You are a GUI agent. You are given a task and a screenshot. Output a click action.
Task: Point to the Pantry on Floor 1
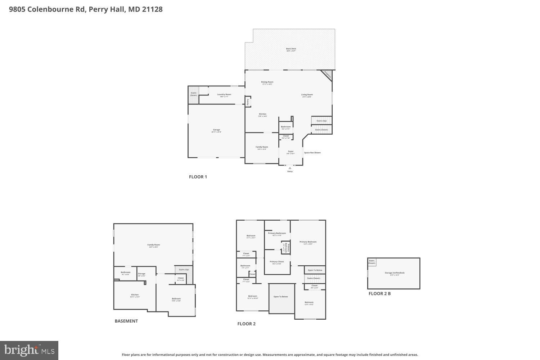[248, 102]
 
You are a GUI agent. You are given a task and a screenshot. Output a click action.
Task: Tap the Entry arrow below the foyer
[290, 168]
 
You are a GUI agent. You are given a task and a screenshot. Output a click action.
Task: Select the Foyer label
[291, 152]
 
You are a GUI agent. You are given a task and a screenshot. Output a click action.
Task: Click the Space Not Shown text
[312, 153]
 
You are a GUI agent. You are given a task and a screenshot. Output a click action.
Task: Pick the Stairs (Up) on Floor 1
[321, 121]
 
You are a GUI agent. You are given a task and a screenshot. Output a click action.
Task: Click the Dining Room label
[267, 82]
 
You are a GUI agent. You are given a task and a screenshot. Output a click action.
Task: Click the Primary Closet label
[277, 262]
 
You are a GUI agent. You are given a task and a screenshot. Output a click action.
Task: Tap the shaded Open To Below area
[281, 297]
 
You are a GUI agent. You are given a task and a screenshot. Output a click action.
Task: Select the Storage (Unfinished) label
[395, 273]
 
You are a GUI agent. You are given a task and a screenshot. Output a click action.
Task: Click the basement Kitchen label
[135, 295]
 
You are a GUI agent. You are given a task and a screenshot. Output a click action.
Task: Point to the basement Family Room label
[153, 245]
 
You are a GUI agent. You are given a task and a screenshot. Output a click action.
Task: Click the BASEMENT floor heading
[126, 321]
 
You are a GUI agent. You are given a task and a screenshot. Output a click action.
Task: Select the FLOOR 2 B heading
[379, 294]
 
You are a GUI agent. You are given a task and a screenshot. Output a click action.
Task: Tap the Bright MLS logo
[29, 350]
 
